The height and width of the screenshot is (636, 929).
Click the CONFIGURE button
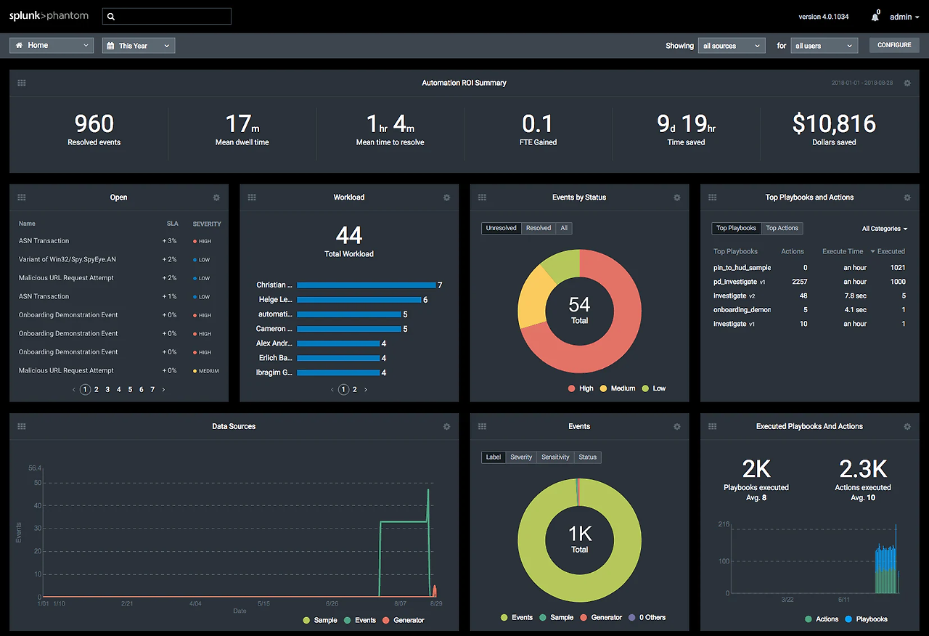pyautogui.click(x=893, y=45)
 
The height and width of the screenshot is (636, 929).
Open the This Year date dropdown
pyautogui.click(x=139, y=46)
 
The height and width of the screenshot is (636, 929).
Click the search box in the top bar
pyautogui.click(x=167, y=16)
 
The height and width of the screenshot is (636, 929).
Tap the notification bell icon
pyautogui.click(x=876, y=17)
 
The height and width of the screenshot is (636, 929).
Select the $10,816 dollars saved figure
pyautogui.click(x=834, y=124)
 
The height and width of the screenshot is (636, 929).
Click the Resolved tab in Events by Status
pyautogui.click(x=538, y=228)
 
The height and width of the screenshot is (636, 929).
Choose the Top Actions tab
pyautogui.click(x=782, y=228)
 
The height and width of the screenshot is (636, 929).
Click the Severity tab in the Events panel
pyautogui.click(x=521, y=457)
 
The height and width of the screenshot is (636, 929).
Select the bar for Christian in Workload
pyautogui.click(x=366, y=285)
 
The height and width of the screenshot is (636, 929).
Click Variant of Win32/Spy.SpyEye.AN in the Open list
pyautogui.click(x=66, y=259)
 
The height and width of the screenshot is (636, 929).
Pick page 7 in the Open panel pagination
pyautogui.click(x=152, y=390)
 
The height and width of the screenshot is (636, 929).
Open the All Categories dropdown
pyautogui.click(x=884, y=229)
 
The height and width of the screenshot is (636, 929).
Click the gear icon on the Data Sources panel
pyautogui.click(x=446, y=427)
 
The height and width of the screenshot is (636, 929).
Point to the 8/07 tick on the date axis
pyautogui.click(x=400, y=603)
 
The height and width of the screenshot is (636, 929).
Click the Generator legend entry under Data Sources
pyautogui.click(x=404, y=620)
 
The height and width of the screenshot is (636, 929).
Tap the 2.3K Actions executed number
pyautogui.click(x=863, y=469)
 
